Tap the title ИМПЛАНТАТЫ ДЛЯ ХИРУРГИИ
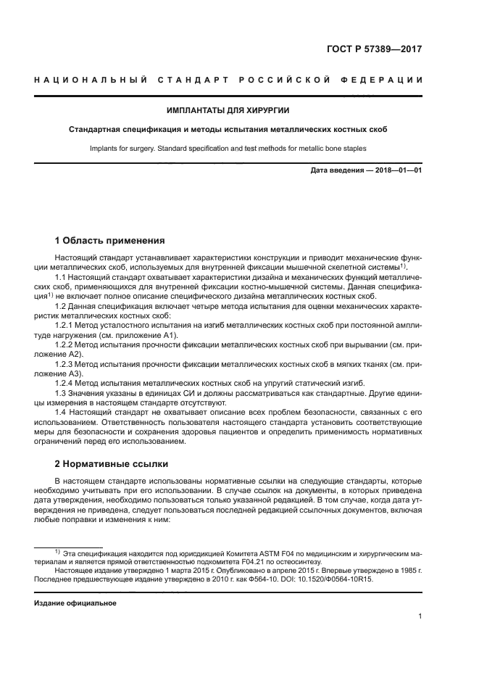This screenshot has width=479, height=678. tap(228, 110)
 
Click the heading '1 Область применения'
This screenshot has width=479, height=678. tap(109, 240)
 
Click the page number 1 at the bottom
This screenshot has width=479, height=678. tap(420, 616)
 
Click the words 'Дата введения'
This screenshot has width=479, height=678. tap(335, 170)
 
